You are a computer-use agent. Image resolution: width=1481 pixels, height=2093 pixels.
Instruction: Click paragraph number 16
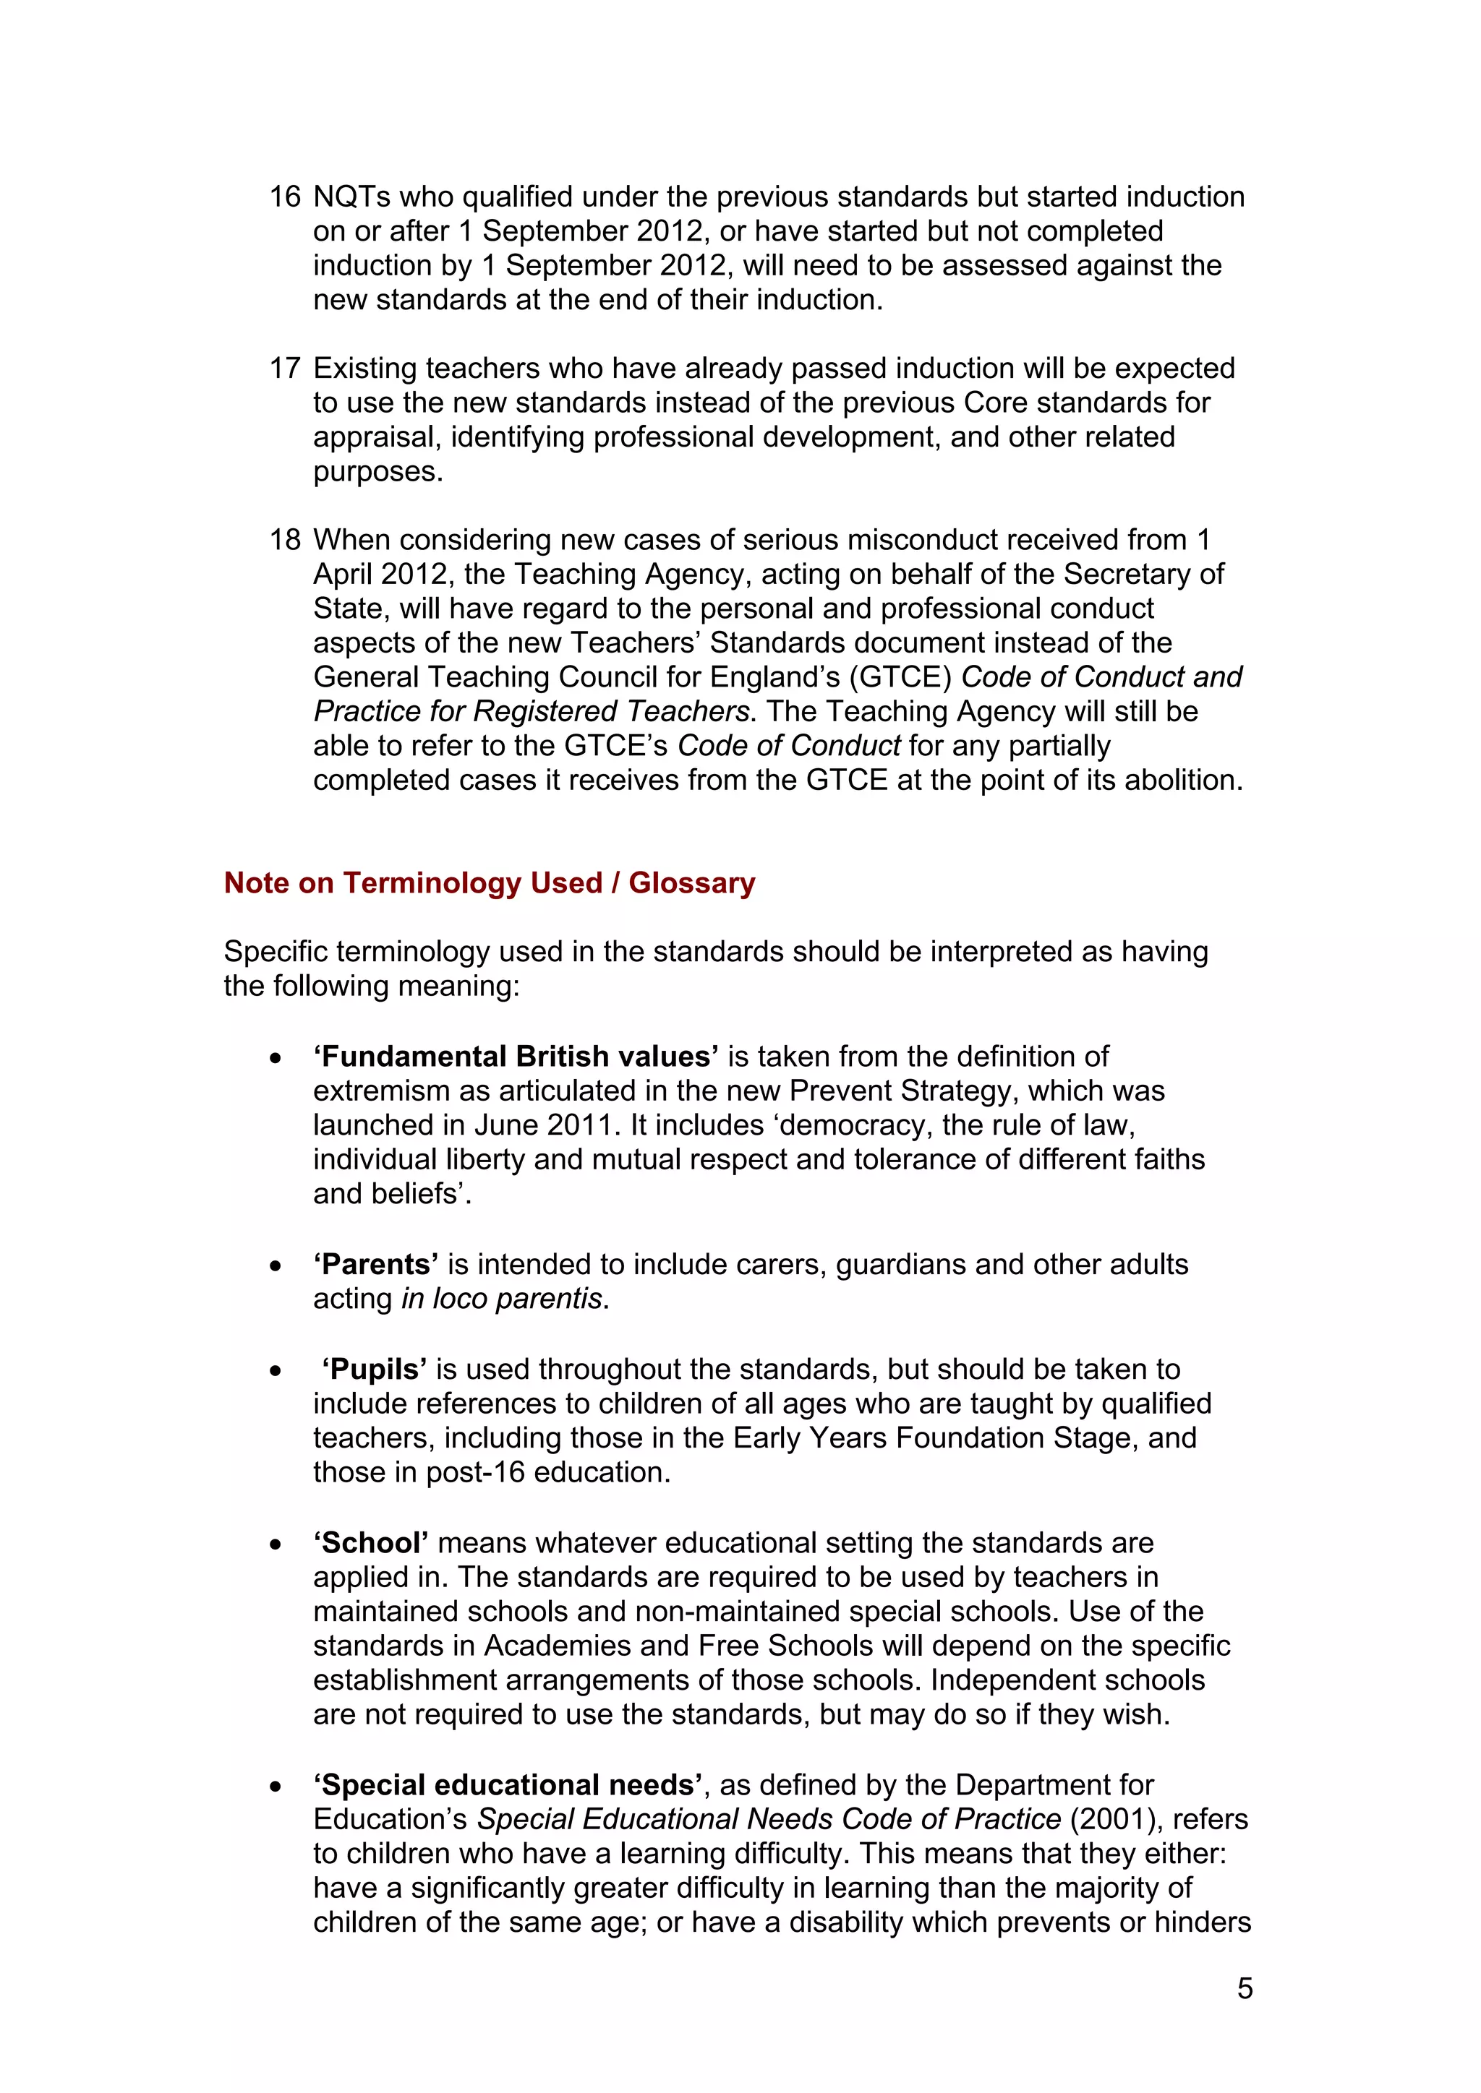(x=284, y=197)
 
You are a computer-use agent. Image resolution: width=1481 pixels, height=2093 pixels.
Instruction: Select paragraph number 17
(x=284, y=369)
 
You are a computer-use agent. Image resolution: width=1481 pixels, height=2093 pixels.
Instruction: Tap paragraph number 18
(x=284, y=540)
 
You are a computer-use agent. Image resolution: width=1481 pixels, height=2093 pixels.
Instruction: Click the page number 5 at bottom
(x=1245, y=1988)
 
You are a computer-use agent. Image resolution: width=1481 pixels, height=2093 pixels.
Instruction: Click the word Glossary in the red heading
(x=691, y=882)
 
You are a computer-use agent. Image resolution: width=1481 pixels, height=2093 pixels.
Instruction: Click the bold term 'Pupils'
(x=374, y=1370)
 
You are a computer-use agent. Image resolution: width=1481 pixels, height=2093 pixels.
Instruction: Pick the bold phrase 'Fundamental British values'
(x=516, y=1057)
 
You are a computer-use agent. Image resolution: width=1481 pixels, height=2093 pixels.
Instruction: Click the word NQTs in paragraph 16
(x=351, y=197)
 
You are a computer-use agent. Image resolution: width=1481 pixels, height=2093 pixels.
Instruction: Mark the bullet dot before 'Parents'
(x=276, y=1266)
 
